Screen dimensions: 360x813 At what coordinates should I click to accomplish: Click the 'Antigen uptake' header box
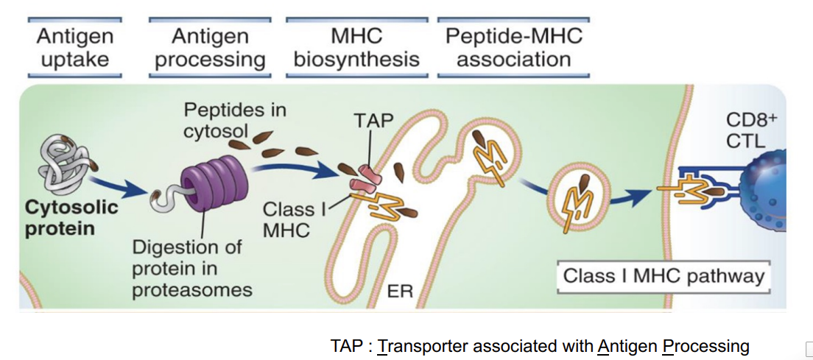click(74, 47)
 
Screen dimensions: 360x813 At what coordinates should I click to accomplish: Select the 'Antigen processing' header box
click(210, 47)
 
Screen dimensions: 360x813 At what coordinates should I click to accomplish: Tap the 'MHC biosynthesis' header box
click(356, 47)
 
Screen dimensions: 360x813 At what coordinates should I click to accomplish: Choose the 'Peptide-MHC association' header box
click(513, 47)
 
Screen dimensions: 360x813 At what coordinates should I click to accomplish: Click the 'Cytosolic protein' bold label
click(71, 217)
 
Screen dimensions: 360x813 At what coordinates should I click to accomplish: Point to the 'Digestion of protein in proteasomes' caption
click(192, 268)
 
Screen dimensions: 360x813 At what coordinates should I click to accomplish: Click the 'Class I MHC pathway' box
click(664, 277)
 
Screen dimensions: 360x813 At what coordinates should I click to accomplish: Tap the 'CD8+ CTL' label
click(746, 130)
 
